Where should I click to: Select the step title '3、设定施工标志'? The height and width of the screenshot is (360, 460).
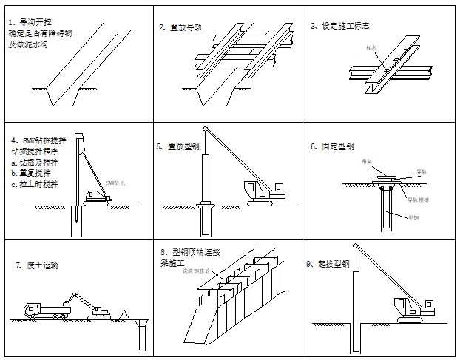coord(340,26)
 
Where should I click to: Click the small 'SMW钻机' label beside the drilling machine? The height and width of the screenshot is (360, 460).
coord(115,182)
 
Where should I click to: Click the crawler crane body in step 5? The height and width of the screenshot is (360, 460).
coord(263,191)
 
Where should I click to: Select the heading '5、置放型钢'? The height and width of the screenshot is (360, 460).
coord(178,146)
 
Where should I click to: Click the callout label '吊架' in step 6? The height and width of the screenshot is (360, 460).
coord(368,160)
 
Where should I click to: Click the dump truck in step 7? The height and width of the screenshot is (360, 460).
coord(40,310)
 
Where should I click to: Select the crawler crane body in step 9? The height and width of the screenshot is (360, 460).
coord(410,309)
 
